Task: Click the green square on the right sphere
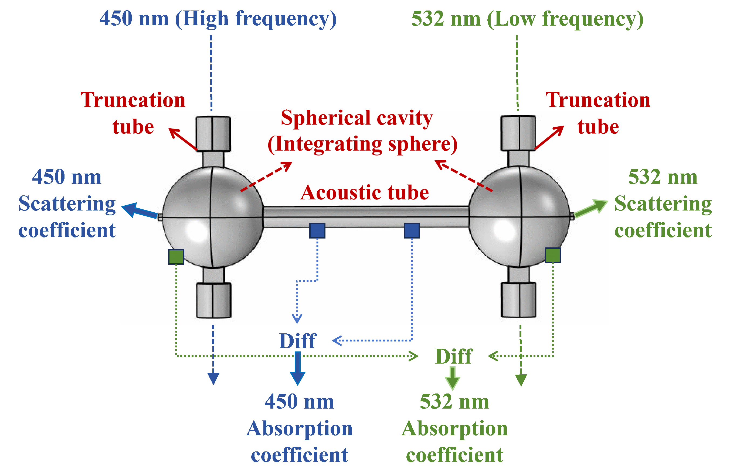pos(553,255)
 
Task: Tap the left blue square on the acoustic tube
pos(317,231)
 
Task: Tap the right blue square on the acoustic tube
pos(412,231)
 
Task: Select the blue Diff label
pos(297,341)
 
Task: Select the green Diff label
pos(454,356)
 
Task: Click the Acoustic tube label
pos(364,192)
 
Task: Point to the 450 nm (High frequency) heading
pos(218,19)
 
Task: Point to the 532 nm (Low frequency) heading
pos(527,19)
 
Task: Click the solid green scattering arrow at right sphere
pos(591,208)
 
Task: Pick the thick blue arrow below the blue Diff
pos(297,368)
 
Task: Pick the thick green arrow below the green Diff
pos(452,378)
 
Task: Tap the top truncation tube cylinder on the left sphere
pos(213,134)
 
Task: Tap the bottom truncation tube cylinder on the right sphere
pos(519,300)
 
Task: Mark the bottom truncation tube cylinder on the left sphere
pos(213,301)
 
